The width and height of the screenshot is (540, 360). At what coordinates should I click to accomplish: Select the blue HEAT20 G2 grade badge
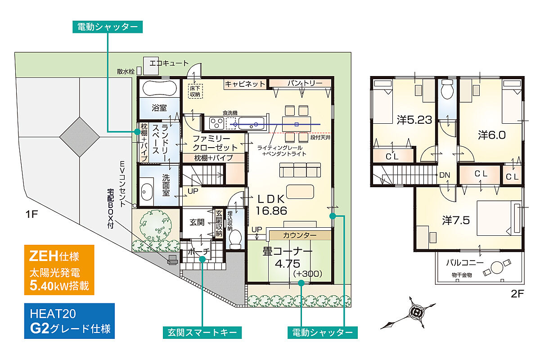[x=69, y=321]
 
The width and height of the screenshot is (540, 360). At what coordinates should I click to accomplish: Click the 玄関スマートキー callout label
[x=202, y=333]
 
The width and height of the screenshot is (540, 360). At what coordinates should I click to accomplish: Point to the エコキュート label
[x=169, y=63]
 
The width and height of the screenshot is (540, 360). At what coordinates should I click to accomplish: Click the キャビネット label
[x=245, y=84]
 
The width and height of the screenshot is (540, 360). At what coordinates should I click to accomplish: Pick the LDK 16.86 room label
[x=270, y=205]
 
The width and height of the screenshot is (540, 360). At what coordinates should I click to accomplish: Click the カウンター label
[x=299, y=235]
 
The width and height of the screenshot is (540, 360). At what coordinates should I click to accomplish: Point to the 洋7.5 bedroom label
[x=456, y=220]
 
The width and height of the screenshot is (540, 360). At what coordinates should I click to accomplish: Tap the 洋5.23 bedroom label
[x=414, y=120]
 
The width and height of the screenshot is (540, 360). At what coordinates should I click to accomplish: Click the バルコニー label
[x=465, y=262]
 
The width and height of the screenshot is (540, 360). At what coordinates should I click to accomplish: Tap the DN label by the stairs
[x=445, y=175]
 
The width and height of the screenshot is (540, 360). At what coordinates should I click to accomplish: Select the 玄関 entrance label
[x=197, y=222]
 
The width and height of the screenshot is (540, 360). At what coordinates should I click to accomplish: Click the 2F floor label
[x=517, y=294]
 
